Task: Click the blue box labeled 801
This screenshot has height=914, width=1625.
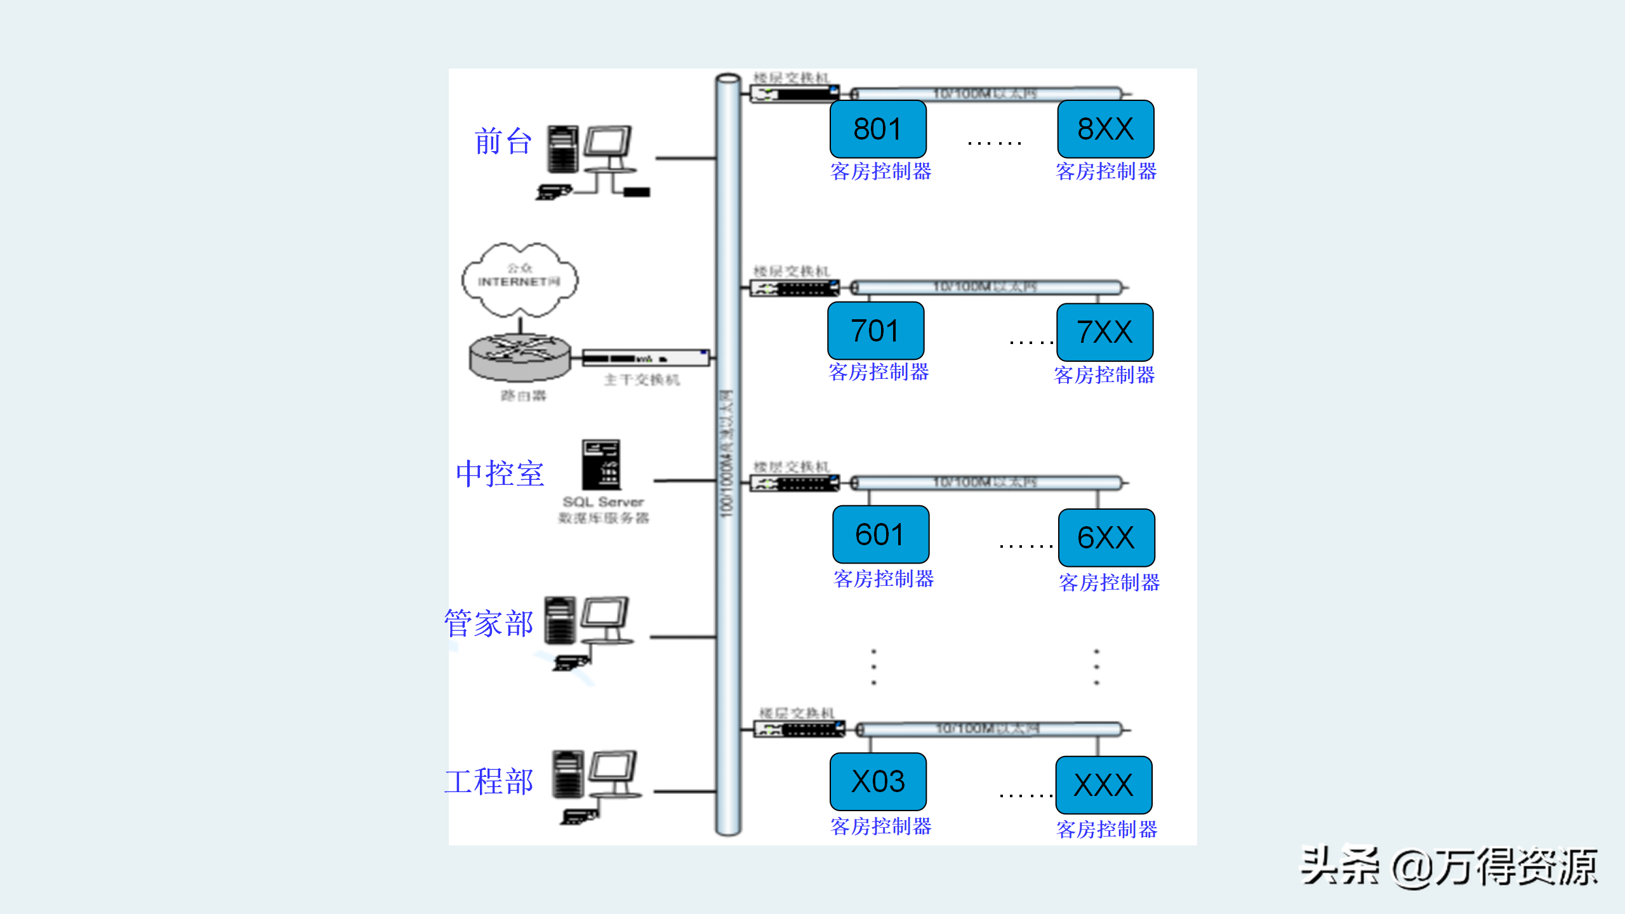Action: (878, 129)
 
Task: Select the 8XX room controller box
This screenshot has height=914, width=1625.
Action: (1105, 129)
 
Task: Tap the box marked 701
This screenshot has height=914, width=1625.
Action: (875, 331)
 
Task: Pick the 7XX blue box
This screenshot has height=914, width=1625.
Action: (1104, 332)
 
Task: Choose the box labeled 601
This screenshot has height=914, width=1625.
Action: (880, 534)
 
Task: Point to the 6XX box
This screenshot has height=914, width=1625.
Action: (1106, 538)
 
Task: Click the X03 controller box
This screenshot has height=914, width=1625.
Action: (878, 781)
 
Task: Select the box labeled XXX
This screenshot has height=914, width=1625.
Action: (1104, 785)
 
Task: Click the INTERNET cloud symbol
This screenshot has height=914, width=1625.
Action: (520, 279)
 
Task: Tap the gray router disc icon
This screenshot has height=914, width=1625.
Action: (520, 357)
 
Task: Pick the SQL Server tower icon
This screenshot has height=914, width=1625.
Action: (600, 465)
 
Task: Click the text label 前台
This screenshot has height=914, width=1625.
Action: (503, 141)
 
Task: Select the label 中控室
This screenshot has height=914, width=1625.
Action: (500, 474)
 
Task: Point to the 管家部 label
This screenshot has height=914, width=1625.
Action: (489, 623)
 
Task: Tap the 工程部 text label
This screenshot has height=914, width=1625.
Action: (489, 781)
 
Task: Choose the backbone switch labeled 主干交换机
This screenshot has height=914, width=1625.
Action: (646, 358)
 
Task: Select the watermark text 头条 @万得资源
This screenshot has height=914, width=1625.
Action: (1449, 867)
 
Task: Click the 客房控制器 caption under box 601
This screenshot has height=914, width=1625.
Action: (884, 579)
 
